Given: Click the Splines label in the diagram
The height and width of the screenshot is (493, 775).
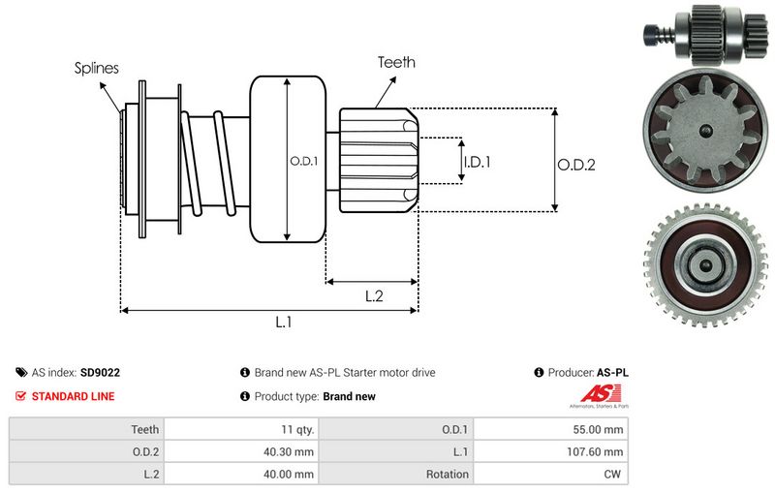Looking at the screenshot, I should (x=97, y=69).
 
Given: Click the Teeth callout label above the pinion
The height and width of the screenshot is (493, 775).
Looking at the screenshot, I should (x=396, y=62).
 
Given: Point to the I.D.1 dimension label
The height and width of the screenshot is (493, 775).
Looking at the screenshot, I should (x=477, y=162).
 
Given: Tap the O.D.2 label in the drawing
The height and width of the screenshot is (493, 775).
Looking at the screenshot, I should (x=575, y=165).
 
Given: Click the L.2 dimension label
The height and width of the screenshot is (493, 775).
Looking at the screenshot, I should (x=374, y=297).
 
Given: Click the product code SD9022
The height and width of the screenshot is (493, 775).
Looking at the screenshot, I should (x=100, y=372).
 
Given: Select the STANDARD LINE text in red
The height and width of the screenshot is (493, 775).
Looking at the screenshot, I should (x=73, y=396).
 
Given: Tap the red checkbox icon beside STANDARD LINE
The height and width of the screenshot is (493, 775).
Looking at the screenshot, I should (x=21, y=396).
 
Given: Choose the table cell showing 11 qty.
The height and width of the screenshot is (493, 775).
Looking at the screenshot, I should (x=295, y=428).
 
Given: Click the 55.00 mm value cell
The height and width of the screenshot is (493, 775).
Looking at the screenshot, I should (x=602, y=428).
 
